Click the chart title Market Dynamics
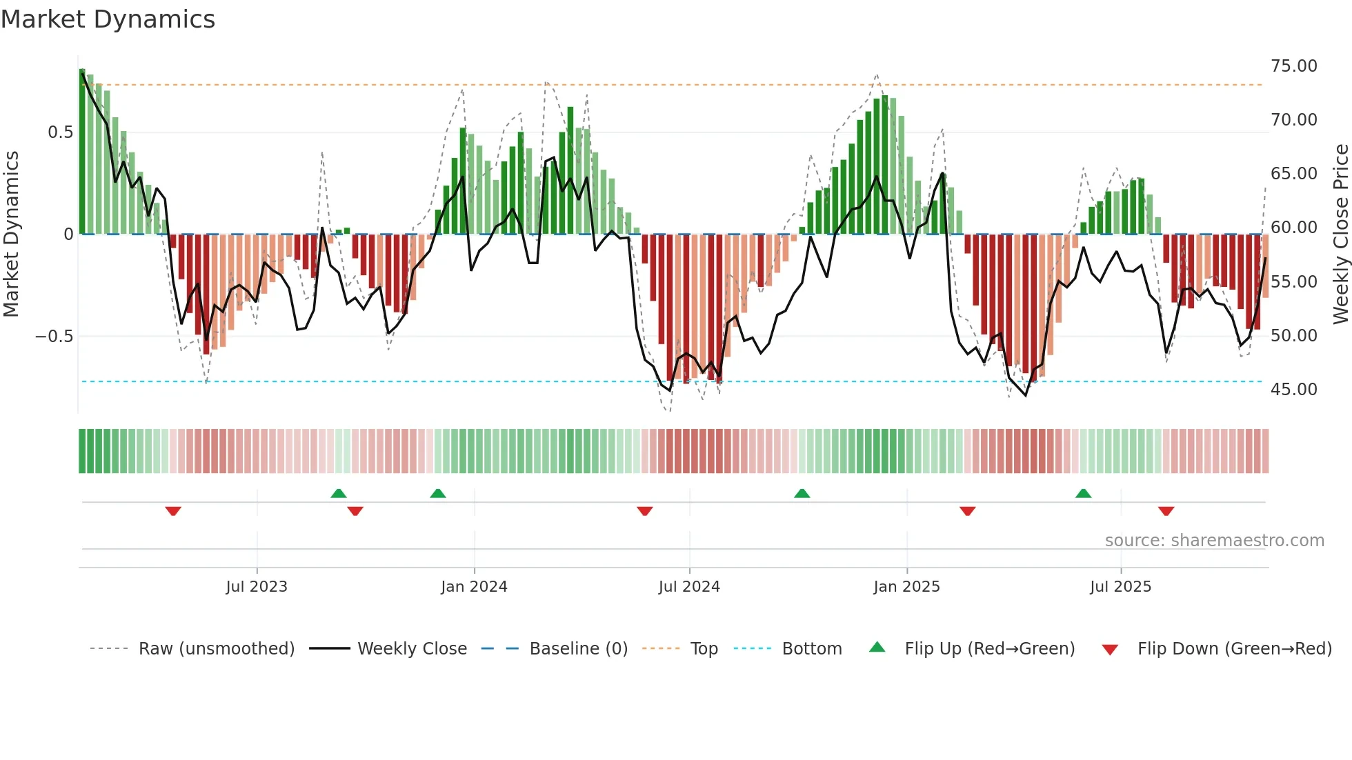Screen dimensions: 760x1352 [x=108, y=19]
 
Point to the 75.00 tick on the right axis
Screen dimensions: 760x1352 [x=1293, y=66]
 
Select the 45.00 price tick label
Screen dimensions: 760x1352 [x=1293, y=390]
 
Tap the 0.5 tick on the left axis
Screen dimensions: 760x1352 [x=60, y=132]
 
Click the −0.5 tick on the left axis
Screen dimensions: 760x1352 [x=54, y=337]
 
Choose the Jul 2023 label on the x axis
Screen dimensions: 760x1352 [x=256, y=587]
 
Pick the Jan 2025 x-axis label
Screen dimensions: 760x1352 [x=906, y=587]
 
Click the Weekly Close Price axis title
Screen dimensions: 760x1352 [x=1340, y=234]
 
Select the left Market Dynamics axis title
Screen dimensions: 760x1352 [x=11, y=234]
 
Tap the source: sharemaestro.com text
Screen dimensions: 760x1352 [x=1214, y=541]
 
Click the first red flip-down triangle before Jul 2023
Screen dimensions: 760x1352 [x=173, y=511]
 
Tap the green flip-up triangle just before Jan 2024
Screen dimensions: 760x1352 [x=437, y=493]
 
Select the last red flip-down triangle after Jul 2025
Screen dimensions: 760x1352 [x=1166, y=511]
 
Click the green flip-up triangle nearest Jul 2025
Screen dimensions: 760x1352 [x=1083, y=493]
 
